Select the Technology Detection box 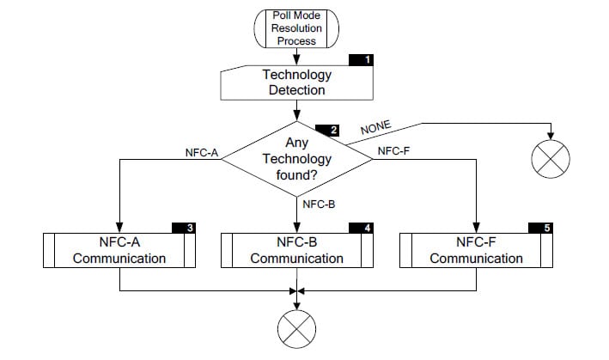tap(296, 82)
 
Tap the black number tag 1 tap(368, 60)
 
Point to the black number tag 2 tap(326, 131)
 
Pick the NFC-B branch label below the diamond tap(318, 204)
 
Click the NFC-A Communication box tap(119, 250)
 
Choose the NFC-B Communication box tap(296, 250)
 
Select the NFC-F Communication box tap(475, 250)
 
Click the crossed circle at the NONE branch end tap(551, 159)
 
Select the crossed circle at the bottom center tap(296, 327)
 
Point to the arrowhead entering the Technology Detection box tap(296, 62)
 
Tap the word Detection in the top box tap(296, 90)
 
